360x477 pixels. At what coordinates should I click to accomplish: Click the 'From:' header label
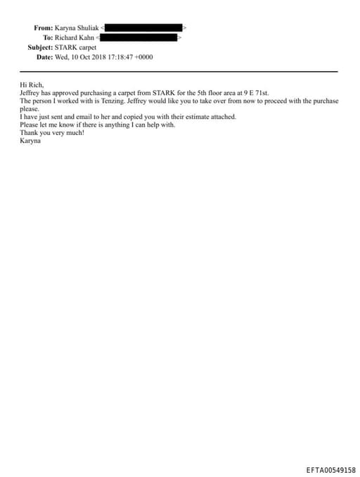(43, 27)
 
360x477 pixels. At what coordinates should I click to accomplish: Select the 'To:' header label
(48, 37)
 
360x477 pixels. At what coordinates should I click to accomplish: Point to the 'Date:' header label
(44, 57)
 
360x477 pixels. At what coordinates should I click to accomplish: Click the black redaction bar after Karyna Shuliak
(144, 27)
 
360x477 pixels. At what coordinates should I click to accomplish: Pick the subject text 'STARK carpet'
(76, 47)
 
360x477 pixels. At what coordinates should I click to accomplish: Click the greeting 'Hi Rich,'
(32, 85)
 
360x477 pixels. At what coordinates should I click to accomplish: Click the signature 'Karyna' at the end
(31, 140)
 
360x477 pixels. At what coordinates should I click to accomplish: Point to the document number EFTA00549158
(330, 469)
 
